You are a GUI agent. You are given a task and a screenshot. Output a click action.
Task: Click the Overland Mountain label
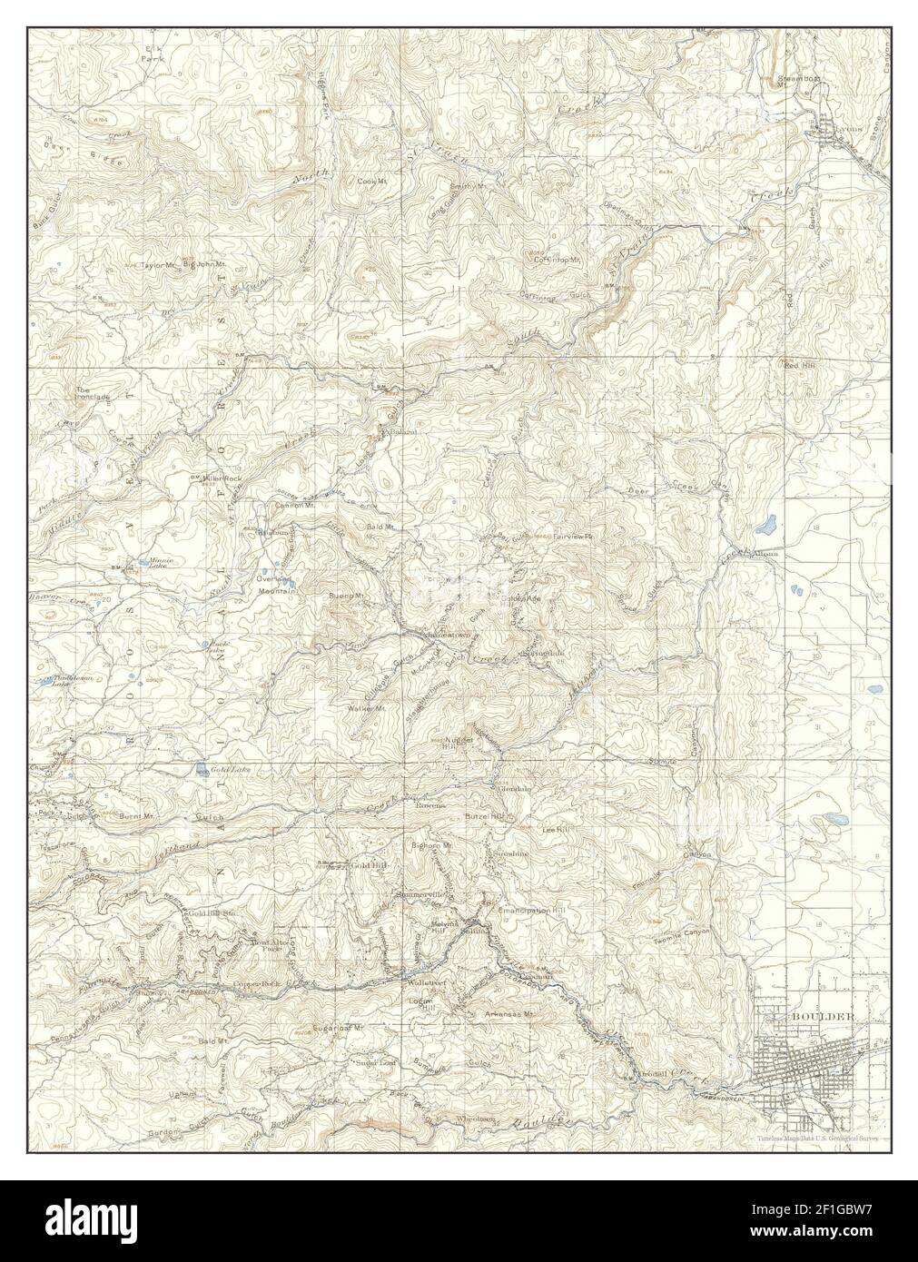[277, 585]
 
